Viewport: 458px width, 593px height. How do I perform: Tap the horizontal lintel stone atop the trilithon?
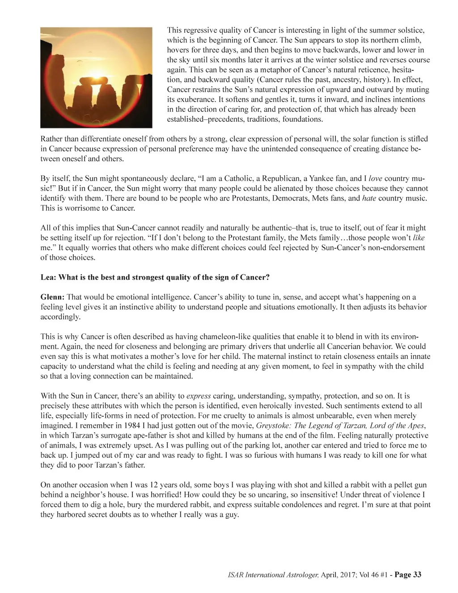point(95,82)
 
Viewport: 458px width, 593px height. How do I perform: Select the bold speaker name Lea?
point(48,277)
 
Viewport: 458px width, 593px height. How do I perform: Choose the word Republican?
point(280,179)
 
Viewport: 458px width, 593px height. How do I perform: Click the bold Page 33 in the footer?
point(408,575)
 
